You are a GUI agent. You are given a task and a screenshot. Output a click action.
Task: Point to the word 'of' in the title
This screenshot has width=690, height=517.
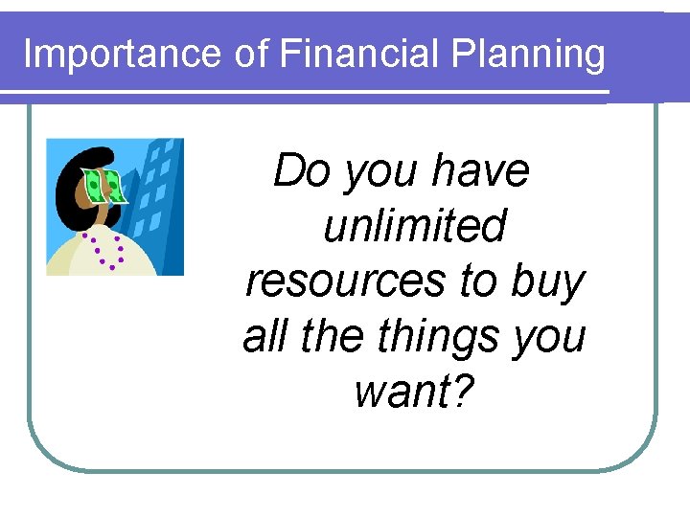pos(252,54)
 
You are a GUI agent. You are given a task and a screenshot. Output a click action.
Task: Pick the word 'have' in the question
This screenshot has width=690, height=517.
pos(480,171)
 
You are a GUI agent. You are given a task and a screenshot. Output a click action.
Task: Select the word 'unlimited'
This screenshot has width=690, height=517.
pos(415,227)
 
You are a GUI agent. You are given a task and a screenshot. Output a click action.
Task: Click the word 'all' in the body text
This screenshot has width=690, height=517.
pos(264,337)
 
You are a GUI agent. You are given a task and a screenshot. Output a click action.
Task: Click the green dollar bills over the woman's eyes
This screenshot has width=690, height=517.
pos(103,185)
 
